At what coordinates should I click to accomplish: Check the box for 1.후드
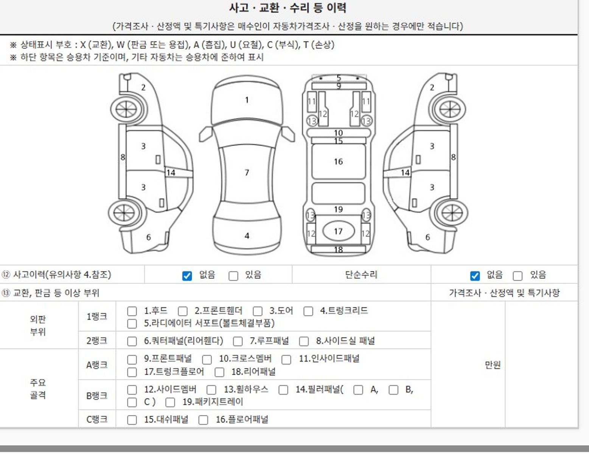132,311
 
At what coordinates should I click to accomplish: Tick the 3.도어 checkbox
257,311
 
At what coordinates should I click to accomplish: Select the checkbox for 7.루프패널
238,341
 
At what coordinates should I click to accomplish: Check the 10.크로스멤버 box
207,360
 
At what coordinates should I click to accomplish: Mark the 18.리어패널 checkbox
219,372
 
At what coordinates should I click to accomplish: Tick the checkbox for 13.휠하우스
211,390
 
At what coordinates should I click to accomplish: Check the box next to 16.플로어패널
203,420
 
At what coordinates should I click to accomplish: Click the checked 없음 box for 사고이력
187,276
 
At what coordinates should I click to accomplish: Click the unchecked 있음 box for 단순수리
518,276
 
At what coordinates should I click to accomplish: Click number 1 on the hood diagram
247,100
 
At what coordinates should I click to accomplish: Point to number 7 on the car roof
247,173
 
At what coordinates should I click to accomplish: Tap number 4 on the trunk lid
247,236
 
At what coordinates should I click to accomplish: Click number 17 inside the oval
338,232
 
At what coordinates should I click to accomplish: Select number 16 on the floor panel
338,162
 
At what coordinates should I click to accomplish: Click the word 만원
493,365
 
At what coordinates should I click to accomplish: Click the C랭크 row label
97,420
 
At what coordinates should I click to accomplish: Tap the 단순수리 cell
361,275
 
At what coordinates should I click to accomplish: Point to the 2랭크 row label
97,341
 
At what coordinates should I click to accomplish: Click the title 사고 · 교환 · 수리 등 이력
288,8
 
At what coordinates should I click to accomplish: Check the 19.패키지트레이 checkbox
170,403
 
